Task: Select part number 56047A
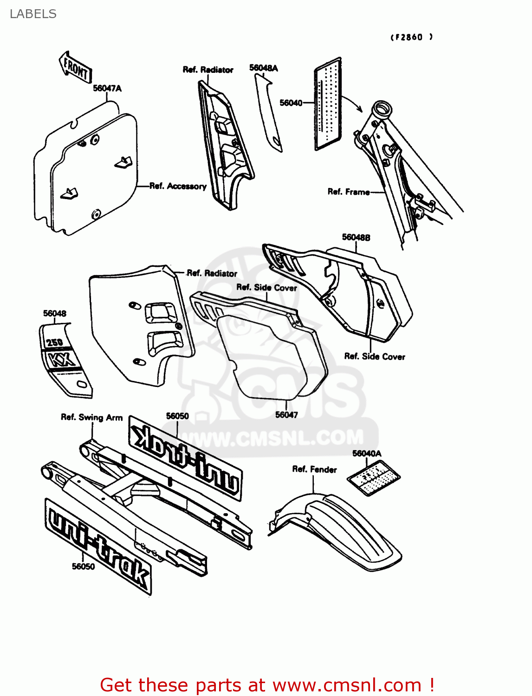(x=107, y=88)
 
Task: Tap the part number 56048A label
(x=263, y=68)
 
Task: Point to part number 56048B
(x=356, y=237)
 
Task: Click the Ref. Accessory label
(x=178, y=186)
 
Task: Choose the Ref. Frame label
(x=349, y=192)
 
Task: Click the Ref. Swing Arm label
(x=91, y=417)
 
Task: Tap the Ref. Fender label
(x=314, y=469)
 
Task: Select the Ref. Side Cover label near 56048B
(x=375, y=356)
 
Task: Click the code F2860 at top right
(x=411, y=37)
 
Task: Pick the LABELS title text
(x=33, y=14)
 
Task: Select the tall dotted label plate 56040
(x=328, y=104)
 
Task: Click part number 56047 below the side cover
(x=286, y=415)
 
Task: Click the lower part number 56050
(x=83, y=567)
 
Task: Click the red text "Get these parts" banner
(x=267, y=685)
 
